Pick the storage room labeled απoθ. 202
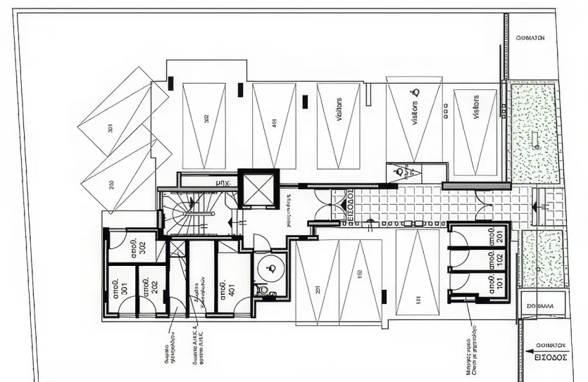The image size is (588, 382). coord(150,288)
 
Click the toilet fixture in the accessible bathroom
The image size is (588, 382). coord(263,289)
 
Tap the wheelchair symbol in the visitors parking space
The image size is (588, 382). coord(415,91)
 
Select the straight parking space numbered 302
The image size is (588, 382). coord(206,118)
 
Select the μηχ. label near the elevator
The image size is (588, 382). coord(223,183)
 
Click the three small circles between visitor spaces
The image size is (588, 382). coord(444,108)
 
